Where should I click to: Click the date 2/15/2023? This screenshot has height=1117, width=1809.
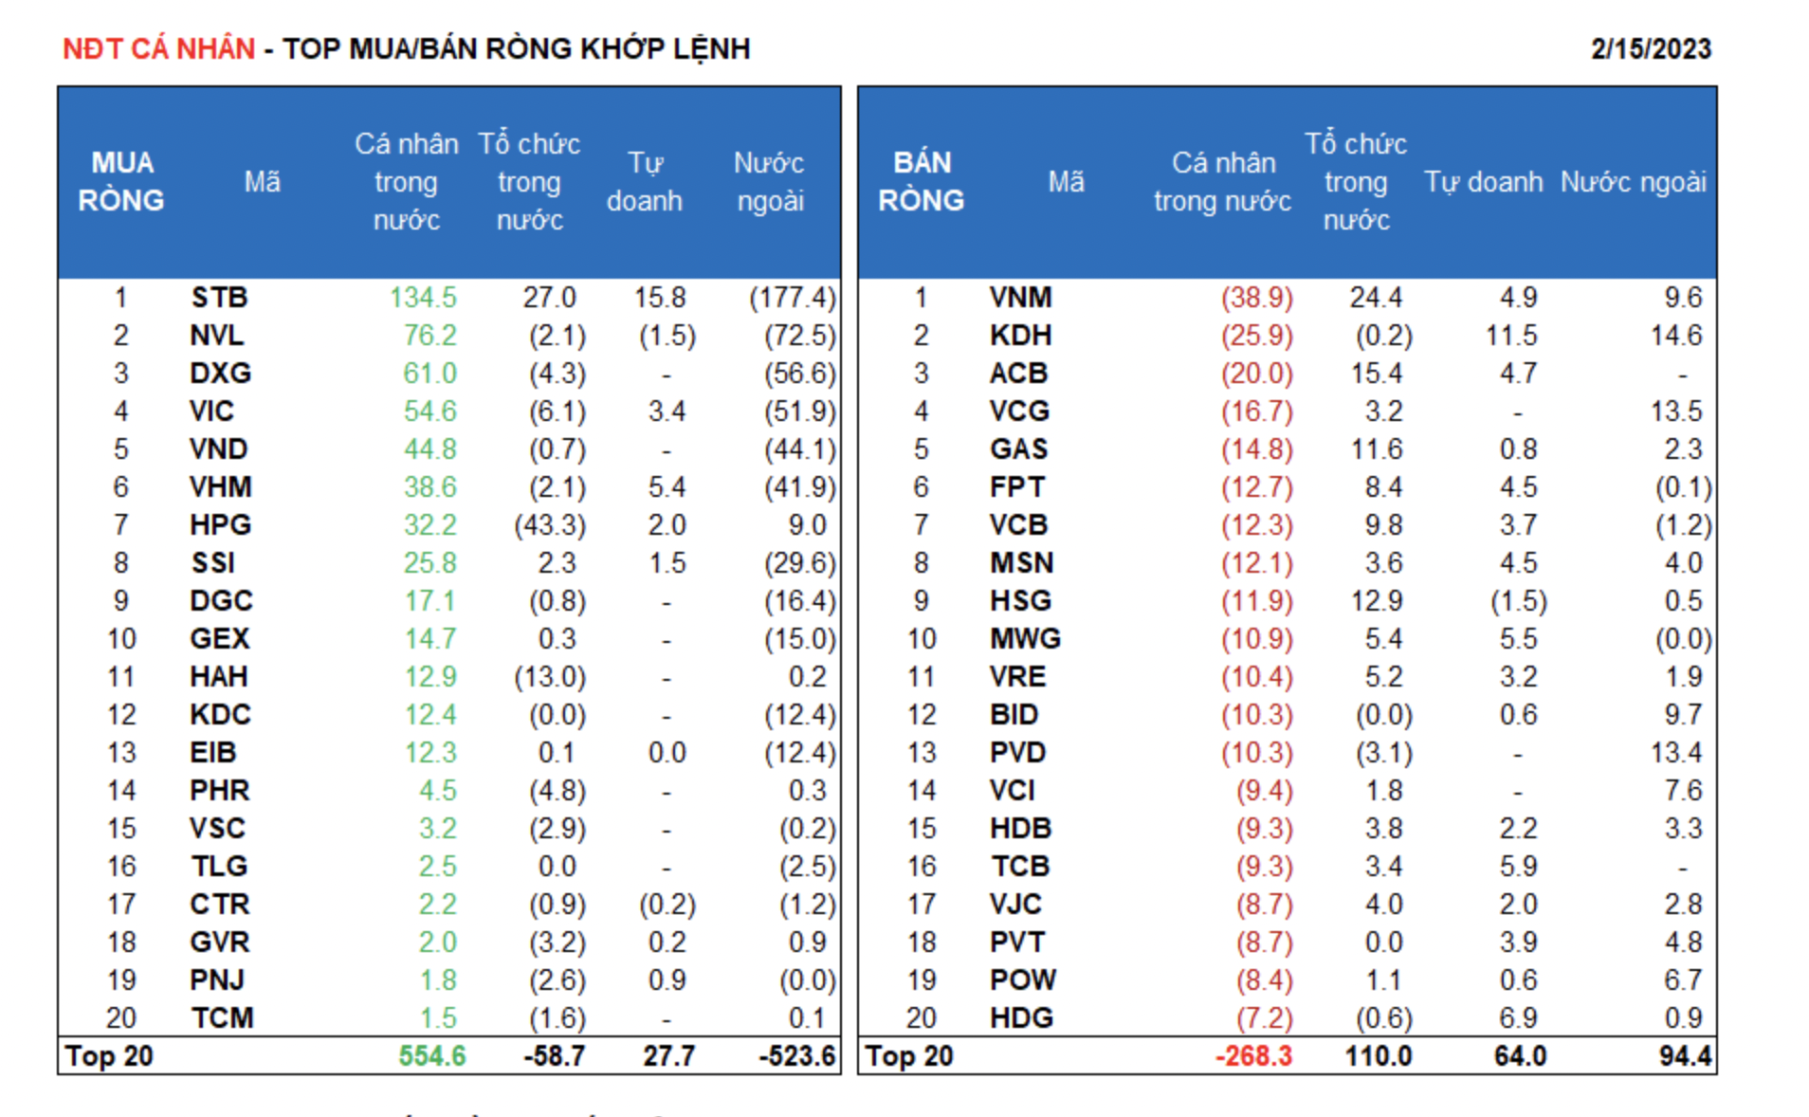(x=1650, y=48)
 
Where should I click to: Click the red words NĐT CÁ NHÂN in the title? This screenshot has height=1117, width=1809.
(x=158, y=48)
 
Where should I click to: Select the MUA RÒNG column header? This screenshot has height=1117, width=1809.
(x=121, y=181)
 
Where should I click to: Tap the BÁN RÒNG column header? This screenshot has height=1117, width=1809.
(x=921, y=181)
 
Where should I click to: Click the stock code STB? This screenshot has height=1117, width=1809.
(x=219, y=298)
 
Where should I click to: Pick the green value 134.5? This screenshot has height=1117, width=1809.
(x=423, y=298)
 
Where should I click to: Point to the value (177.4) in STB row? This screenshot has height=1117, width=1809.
(x=793, y=298)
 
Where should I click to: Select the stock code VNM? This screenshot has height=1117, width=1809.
(x=1020, y=298)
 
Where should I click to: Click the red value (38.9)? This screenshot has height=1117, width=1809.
(x=1256, y=298)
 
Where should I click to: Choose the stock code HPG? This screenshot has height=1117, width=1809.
(x=220, y=525)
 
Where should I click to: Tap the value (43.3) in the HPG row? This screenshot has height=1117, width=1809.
(x=550, y=525)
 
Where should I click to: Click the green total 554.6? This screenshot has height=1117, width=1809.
(x=432, y=1056)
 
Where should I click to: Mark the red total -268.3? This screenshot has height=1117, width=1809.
(x=1253, y=1056)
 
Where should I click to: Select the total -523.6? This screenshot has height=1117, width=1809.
(x=797, y=1056)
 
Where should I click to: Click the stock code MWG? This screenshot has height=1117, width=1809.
(x=1025, y=639)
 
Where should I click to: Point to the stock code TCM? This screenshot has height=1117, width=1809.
(x=222, y=1018)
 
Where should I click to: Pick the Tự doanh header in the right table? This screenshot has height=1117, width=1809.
(x=1483, y=181)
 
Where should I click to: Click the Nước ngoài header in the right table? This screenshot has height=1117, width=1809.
(x=1633, y=181)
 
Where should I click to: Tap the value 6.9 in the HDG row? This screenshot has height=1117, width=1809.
(x=1518, y=1018)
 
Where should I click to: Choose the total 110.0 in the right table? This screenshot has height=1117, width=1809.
(x=1379, y=1056)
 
